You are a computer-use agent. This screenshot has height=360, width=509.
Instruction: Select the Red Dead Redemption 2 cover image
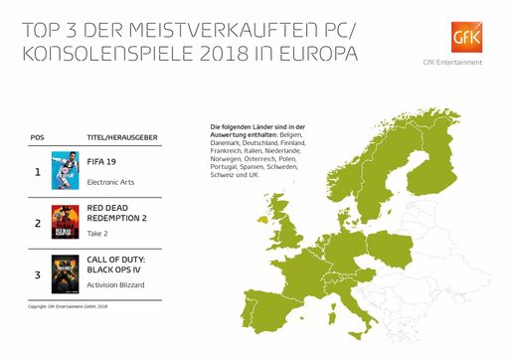[x=65, y=222]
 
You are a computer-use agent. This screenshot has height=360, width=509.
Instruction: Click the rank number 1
[x=38, y=171]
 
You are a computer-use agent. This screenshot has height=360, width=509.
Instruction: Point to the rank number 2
[x=38, y=223]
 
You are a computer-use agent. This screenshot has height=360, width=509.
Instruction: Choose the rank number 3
[x=38, y=273]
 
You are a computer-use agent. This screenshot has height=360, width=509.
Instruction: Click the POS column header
[x=38, y=141]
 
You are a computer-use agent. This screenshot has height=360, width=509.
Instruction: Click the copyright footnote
[x=68, y=306]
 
